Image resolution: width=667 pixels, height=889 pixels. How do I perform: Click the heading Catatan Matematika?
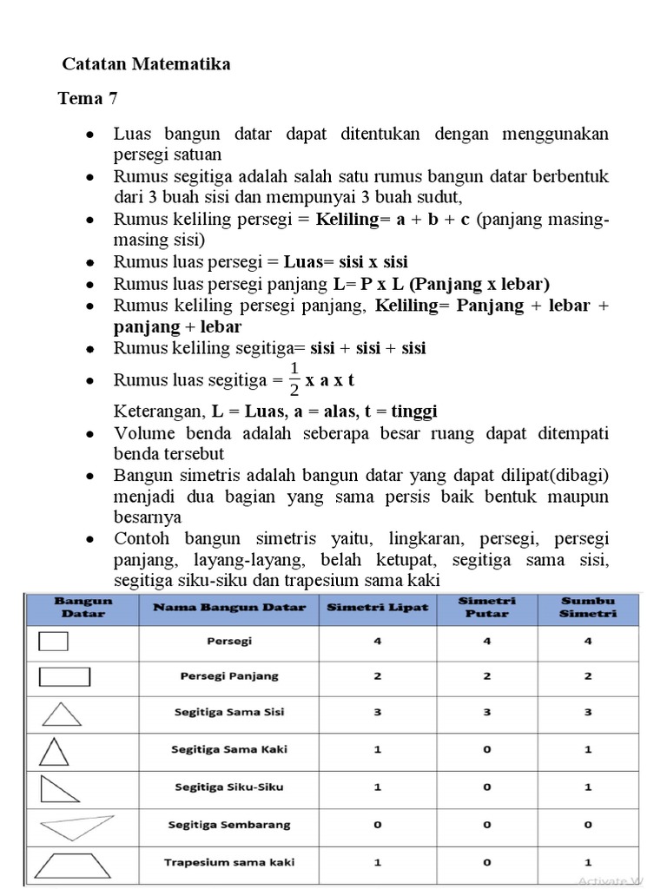[146, 65]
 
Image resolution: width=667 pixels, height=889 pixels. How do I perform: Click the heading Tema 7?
[87, 98]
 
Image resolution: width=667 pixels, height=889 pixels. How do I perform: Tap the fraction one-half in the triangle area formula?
[294, 379]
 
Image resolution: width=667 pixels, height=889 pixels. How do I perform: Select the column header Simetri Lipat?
[377, 608]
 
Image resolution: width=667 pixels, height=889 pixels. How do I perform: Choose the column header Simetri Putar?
[486, 607]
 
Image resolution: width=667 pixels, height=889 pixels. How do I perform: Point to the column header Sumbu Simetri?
[588, 607]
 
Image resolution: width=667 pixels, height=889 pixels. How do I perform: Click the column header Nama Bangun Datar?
[229, 608]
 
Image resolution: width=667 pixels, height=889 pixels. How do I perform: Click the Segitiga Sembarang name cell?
[229, 824]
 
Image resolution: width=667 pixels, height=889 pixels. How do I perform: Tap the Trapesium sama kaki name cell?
[229, 862]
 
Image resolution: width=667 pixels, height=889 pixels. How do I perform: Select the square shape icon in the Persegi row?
[55, 642]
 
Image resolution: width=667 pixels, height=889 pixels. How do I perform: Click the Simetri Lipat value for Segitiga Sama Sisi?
[377, 712]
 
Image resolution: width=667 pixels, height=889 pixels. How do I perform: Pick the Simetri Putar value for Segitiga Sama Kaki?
[486, 748]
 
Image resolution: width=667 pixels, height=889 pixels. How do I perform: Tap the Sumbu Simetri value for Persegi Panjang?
[588, 676]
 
